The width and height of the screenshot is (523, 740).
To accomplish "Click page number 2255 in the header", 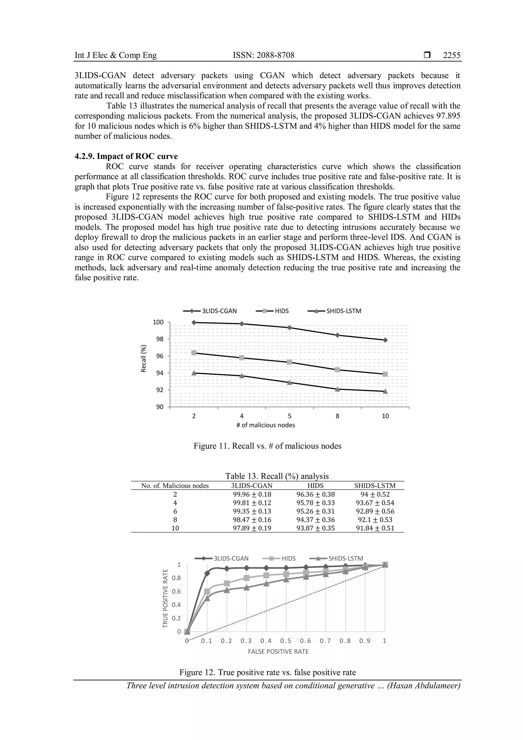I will click(x=451, y=55).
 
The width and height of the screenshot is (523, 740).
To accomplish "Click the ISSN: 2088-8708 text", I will click(x=264, y=55).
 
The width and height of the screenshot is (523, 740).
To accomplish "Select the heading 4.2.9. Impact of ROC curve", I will click(x=126, y=156).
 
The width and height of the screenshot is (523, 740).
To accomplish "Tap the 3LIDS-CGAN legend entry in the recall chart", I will click(x=210, y=311).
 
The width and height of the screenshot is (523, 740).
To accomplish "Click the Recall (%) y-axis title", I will click(x=144, y=359).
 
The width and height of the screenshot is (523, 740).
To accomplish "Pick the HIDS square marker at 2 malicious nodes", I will click(x=194, y=353).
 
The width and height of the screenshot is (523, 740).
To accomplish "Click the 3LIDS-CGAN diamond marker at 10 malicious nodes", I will click(x=385, y=340).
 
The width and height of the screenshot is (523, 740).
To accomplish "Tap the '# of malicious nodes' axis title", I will click(x=266, y=425).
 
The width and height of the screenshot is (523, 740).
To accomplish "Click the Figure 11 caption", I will click(x=267, y=446).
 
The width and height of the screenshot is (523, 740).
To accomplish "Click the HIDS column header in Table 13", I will click(x=315, y=486).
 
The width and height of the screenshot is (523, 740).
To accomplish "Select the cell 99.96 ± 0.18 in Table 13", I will click(x=252, y=494).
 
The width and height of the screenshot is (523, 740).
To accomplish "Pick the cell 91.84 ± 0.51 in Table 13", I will click(x=375, y=528).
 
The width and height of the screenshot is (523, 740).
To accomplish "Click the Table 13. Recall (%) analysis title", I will click(x=277, y=476).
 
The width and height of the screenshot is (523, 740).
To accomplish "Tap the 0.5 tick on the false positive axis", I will click(x=286, y=641).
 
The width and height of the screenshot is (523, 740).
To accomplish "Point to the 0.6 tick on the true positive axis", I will click(x=176, y=592).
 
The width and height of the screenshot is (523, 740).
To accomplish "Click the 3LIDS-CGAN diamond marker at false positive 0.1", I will click(x=207, y=573).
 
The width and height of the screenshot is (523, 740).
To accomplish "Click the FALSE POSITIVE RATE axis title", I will click(x=278, y=652).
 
